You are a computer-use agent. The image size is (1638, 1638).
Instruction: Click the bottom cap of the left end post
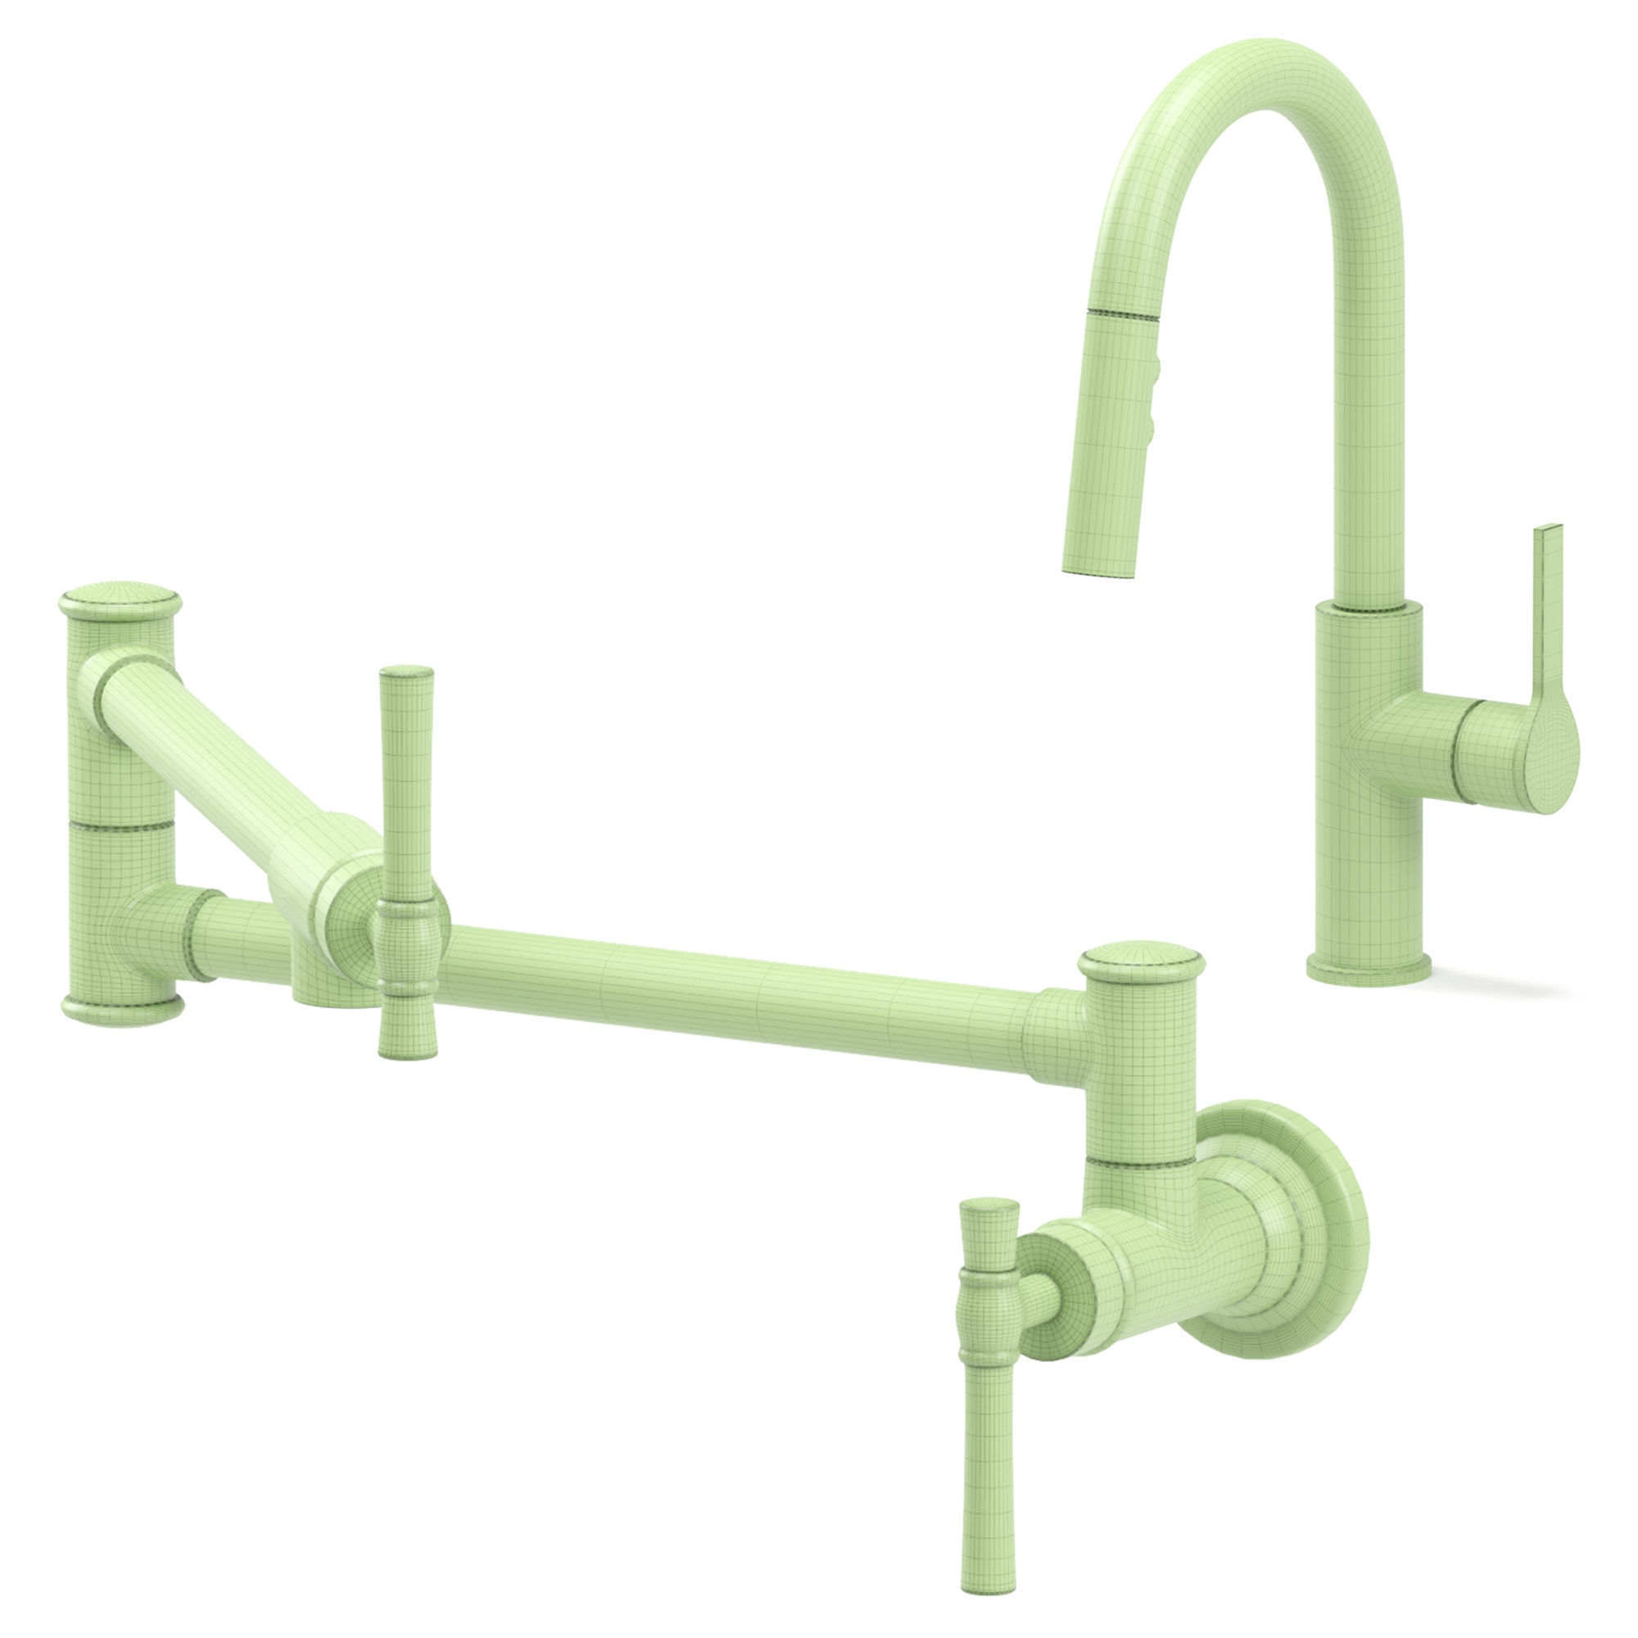(x=122, y=1008)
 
